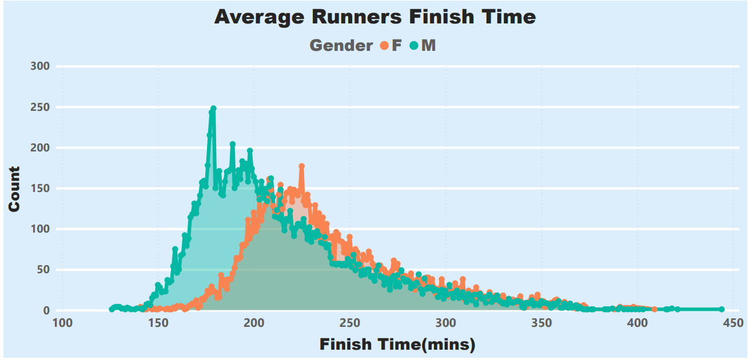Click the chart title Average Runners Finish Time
(x=375, y=17)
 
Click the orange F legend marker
(x=385, y=46)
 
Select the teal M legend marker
(x=415, y=46)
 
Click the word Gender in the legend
(x=341, y=46)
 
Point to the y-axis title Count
(x=14, y=189)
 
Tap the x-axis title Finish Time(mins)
(x=397, y=345)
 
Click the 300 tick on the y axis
(x=40, y=66)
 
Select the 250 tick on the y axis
(x=40, y=107)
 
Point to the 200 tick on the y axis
(x=40, y=148)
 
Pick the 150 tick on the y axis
(x=40, y=189)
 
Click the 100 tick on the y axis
(x=40, y=229)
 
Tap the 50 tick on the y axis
(x=43, y=270)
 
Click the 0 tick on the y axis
(x=46, y=310)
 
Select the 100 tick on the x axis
(x=62, y=323)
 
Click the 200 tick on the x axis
(x=254, y=323)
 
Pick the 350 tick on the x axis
(x=541, y=323)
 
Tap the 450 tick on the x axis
(x=733, y=323)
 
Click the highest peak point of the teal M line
(x=213, y=108)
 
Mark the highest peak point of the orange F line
(x=302, y=166)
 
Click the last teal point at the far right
(x=722, y=309)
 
